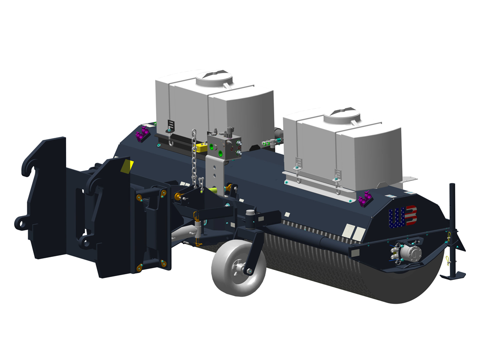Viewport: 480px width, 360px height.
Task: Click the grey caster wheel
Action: (x=238, y=268)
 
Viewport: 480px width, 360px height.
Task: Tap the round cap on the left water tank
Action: (x=214, y=78)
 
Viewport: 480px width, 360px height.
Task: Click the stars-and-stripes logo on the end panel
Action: (x=403, y=217)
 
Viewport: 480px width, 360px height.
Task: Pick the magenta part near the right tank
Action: (x=365, y=198)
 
